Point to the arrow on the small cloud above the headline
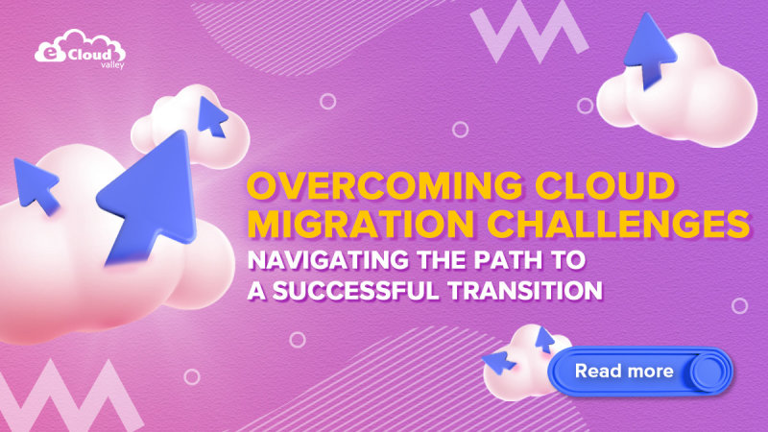[212, 116]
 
